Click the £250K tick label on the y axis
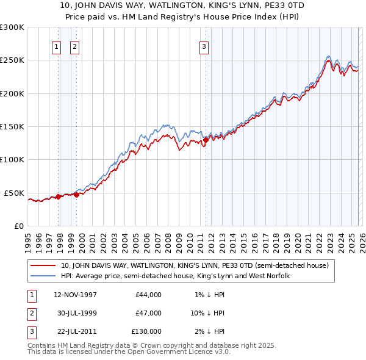click(x=12, y=60)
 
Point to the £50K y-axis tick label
click(x=15, y=193)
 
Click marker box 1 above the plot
click(x=56, y=46)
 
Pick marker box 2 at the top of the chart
click(x=74, y=46)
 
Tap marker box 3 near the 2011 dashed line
click(x=204, y=46)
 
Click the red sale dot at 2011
click(x=206, y=140)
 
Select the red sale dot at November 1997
click(x=59, y=196)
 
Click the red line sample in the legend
click(x=44, y=265)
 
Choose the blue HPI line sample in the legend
click(x=44, y=276)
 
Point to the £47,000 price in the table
click(x=149, y=313)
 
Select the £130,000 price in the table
click(x=146, y=331)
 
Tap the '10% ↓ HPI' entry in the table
click(x=207, y=313)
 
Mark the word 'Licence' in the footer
click(x=190, y=351)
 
